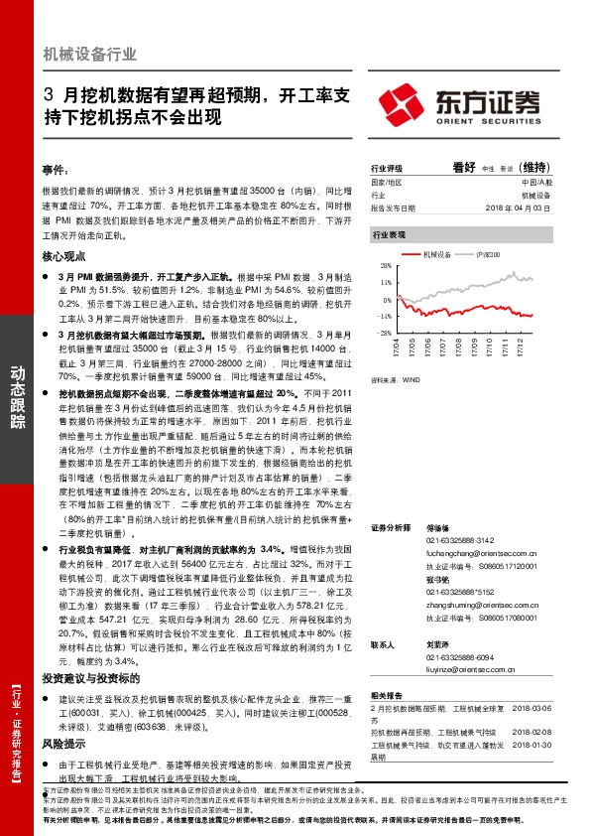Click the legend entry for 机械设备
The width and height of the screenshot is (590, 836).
click(435, 254)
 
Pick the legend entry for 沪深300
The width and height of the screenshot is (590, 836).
click(489, 254)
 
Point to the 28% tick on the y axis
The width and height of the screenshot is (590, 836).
click(385, 266)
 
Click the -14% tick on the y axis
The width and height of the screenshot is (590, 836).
click(384, 316)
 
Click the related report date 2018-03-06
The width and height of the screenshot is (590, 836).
click(532, 706)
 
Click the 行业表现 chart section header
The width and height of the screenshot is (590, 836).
click(389, 235)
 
